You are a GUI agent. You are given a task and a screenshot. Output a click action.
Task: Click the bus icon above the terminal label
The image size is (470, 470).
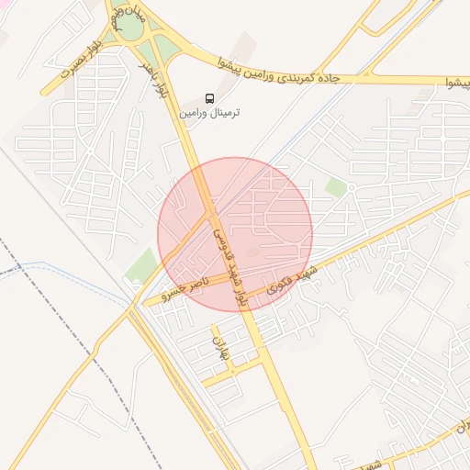point(210,97)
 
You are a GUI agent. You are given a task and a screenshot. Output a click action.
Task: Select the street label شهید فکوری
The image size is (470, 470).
point(292,280)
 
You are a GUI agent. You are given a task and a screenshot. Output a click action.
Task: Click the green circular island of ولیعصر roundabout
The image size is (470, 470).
point(131,28)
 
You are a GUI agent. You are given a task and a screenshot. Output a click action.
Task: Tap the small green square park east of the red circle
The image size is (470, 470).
point(336,187)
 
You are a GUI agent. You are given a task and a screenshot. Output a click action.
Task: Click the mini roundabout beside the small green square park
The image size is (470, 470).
point(351,190)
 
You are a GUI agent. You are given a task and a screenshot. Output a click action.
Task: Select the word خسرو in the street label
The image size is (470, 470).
point(174,293)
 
